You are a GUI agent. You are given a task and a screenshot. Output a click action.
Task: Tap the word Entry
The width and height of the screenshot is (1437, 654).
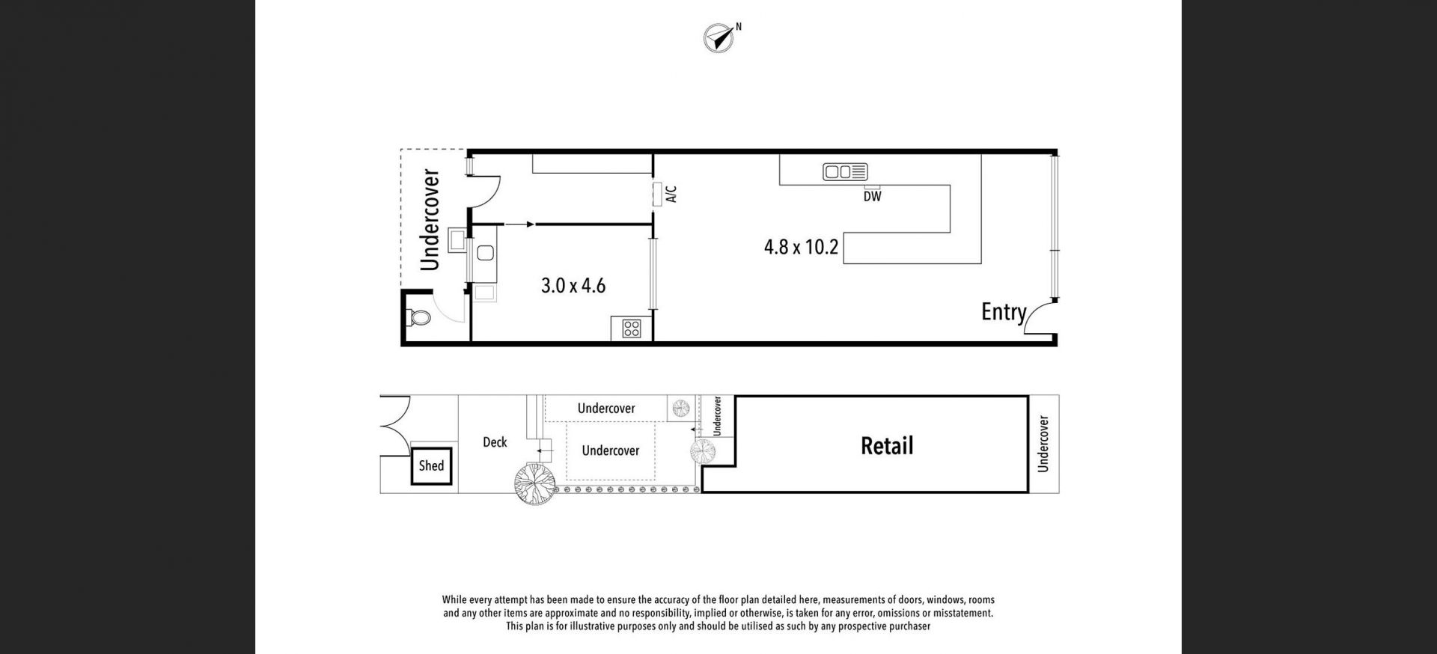coord(1004,311)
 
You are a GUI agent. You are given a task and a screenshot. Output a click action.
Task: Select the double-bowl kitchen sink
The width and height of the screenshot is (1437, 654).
coord(845,172)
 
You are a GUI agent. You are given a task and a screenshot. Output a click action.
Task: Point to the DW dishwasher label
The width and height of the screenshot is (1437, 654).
coord(872,197)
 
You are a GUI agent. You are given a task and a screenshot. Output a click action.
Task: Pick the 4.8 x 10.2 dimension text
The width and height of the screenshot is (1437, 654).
coord(801,247)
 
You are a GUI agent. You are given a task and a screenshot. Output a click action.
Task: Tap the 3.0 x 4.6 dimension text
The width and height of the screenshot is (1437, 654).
coord(573,286)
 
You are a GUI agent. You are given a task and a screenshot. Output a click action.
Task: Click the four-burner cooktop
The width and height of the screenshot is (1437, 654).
coord(632,328)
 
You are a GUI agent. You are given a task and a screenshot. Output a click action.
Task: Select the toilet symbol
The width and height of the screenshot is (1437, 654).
coord(418,318)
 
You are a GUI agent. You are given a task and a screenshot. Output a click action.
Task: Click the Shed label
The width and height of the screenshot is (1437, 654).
coord(431,465)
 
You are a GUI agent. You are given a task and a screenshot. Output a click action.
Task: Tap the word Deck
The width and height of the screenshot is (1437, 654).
coord(495,442)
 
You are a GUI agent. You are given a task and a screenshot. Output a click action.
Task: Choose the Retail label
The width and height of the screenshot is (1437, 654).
coord(887,446)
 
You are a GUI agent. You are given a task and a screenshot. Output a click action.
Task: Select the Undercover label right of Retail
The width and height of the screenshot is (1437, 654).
coord(1043,444)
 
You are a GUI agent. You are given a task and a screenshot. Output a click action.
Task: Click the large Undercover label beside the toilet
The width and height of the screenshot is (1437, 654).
coord(430,220)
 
